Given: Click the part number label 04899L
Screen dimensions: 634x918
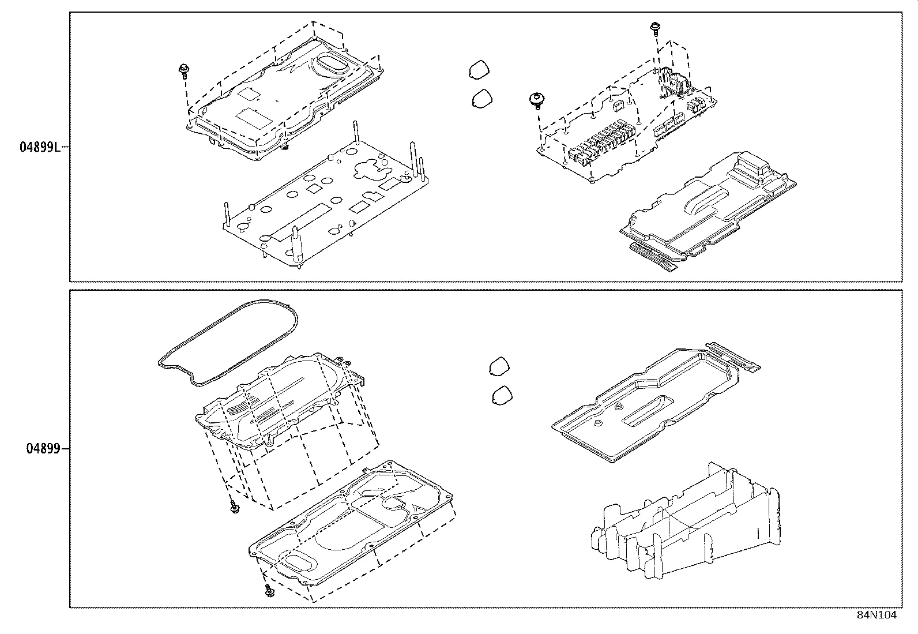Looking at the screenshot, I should click(x=39, y=147).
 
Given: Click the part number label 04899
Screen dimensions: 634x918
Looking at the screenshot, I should click(x=43, y=448).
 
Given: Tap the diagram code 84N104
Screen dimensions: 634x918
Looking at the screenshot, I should click(x=876, y=615).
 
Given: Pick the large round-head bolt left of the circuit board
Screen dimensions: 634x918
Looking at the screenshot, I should click(x=537, y=100).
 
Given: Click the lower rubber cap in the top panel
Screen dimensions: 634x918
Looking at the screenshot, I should click(x=482, y=98).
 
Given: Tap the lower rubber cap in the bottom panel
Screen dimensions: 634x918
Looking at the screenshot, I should click(x=503, y=395).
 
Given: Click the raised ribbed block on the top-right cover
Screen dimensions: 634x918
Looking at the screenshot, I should click(x=750, y=167).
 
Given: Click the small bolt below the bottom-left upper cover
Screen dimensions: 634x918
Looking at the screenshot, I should click(x=234, y=508).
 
